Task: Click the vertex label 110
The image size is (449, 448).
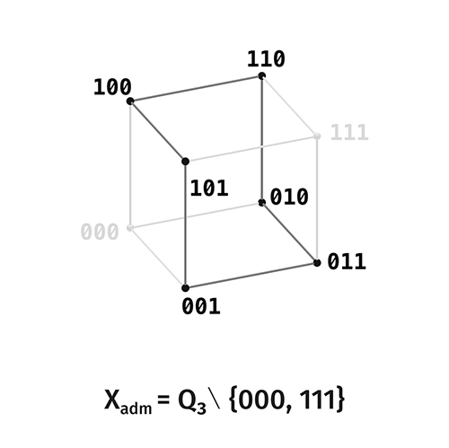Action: [266, 59]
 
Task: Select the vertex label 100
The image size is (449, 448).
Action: [112, 87]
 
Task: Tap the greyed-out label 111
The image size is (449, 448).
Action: [349, 132]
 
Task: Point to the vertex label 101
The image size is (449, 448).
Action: [209, 189]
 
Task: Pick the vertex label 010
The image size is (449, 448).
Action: [289, 197]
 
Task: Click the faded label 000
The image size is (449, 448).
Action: [100, 232]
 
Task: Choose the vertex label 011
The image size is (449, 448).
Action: [347, 261]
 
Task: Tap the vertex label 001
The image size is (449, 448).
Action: [201, 307]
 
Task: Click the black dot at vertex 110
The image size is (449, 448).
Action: [262, 75]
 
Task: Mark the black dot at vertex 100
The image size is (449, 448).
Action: [130, 101]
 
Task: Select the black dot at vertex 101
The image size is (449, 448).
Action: [185, 162]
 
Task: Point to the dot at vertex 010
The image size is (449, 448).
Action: [262, 203]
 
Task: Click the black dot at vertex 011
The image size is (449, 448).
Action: [317, 263]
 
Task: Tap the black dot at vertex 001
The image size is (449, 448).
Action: [185, 288]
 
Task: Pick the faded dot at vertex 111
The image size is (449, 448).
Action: [317, 136]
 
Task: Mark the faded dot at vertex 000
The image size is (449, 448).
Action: [130, 228]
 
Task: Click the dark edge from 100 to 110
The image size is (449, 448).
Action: [196, 89]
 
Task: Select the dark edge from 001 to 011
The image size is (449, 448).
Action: [251, 276]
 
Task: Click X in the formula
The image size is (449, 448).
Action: [112, 400]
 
